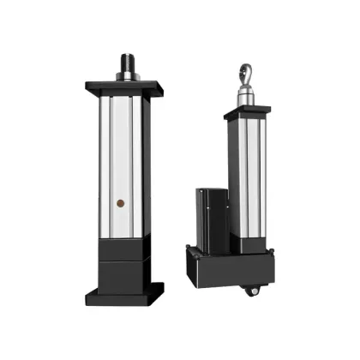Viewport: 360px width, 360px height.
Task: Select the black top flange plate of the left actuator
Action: (124, 87)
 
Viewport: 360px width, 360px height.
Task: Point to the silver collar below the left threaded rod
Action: (125, 76)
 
